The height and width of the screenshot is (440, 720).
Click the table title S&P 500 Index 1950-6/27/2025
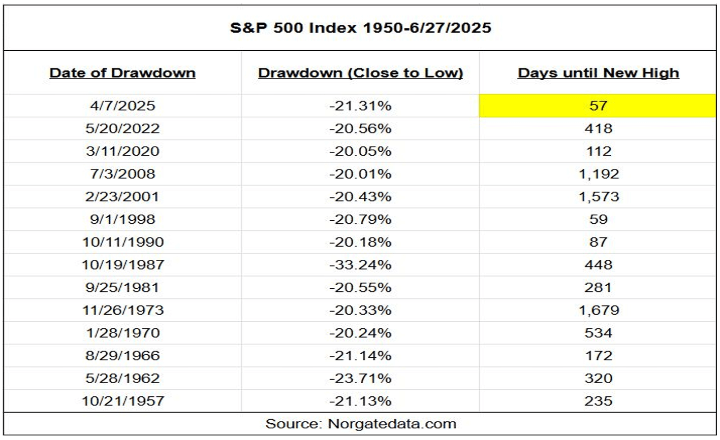360,27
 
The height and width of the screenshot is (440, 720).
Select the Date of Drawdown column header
122,73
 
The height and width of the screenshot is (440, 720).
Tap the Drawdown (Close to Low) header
360,73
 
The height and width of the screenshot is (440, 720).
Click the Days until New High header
598,73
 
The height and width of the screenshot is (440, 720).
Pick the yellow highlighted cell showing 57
598,106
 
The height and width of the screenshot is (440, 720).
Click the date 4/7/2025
122,106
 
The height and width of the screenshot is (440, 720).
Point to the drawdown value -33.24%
360,264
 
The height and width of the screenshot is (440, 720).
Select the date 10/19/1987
122,264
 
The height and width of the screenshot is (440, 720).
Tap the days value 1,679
599,310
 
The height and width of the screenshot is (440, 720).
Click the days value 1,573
599,196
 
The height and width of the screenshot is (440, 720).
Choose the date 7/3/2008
122,174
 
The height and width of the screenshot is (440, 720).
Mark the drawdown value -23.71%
360,378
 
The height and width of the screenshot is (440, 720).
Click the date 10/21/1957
122,401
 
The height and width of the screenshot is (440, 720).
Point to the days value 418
599,128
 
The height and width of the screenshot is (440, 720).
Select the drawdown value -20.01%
360,174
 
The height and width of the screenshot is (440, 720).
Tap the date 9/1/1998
122,219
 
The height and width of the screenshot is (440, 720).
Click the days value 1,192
599,174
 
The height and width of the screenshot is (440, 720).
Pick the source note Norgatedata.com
360,424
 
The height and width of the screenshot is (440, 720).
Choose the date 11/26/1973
122,310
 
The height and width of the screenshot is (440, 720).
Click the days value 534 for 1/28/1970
599,333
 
